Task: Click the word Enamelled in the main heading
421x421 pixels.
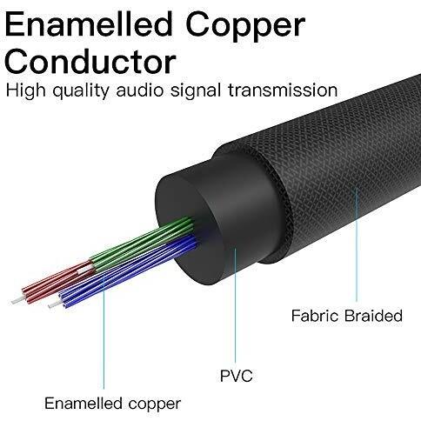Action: (x=89, y=24)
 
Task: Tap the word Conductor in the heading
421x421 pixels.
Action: (x=90, y=62)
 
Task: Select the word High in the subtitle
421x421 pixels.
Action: (x=26, y=91)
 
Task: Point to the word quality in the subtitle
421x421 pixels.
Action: (x=81, y=91)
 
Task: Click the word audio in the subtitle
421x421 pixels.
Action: (x=140, y=90)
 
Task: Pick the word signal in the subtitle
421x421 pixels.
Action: (x=196, y=91)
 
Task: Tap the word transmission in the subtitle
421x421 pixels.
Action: (x=283, y=90)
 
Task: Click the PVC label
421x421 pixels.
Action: (x=237, y=376)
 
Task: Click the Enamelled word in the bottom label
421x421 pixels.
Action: (x=84, y=403)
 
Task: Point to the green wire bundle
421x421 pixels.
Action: (x=142, y=244)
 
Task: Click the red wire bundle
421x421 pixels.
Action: (x=59, y=281)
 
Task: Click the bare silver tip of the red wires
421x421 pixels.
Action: (x=17, y=301)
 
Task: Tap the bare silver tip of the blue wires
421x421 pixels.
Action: (x=55, y=304)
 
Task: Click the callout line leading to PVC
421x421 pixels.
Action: (x=235, y=306)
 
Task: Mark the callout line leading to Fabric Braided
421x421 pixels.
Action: (x=357, y=246)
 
